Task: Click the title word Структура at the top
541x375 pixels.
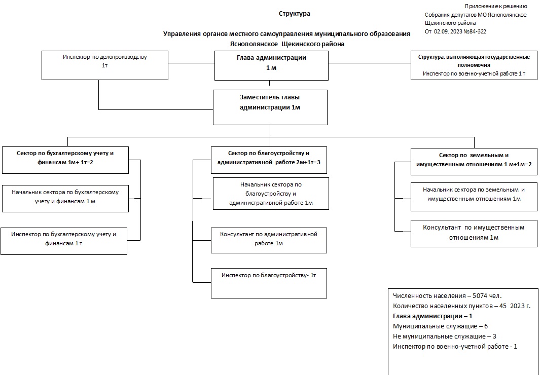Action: pos(294,14)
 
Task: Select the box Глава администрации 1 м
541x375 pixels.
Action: pos(271,65)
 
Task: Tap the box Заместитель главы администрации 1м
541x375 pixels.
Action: pos(270,107)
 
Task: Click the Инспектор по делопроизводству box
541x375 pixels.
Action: pos(105,65)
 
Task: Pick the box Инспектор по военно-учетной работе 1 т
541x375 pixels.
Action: pos(474,65)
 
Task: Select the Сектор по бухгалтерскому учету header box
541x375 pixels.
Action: pos(65,160)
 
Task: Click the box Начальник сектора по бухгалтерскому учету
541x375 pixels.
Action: pos(65,198)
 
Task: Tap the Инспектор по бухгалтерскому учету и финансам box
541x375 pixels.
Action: pos(64,241)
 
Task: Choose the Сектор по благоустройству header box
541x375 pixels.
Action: pos(269,160)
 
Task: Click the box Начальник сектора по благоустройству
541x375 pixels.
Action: pos(271,194)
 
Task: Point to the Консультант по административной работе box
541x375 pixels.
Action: pos(269,240)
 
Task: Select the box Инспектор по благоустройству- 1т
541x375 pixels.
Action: pos(269,283)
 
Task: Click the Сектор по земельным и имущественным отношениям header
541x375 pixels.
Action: pos(474,162)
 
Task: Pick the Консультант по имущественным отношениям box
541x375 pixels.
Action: pos(474,234)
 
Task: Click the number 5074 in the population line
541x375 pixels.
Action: pos(480,295)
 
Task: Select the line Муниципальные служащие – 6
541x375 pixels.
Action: pos(440,326)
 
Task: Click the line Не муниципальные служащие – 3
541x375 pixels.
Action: pos(444,336)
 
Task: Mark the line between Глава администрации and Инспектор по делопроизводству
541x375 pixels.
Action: pos(192,63)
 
